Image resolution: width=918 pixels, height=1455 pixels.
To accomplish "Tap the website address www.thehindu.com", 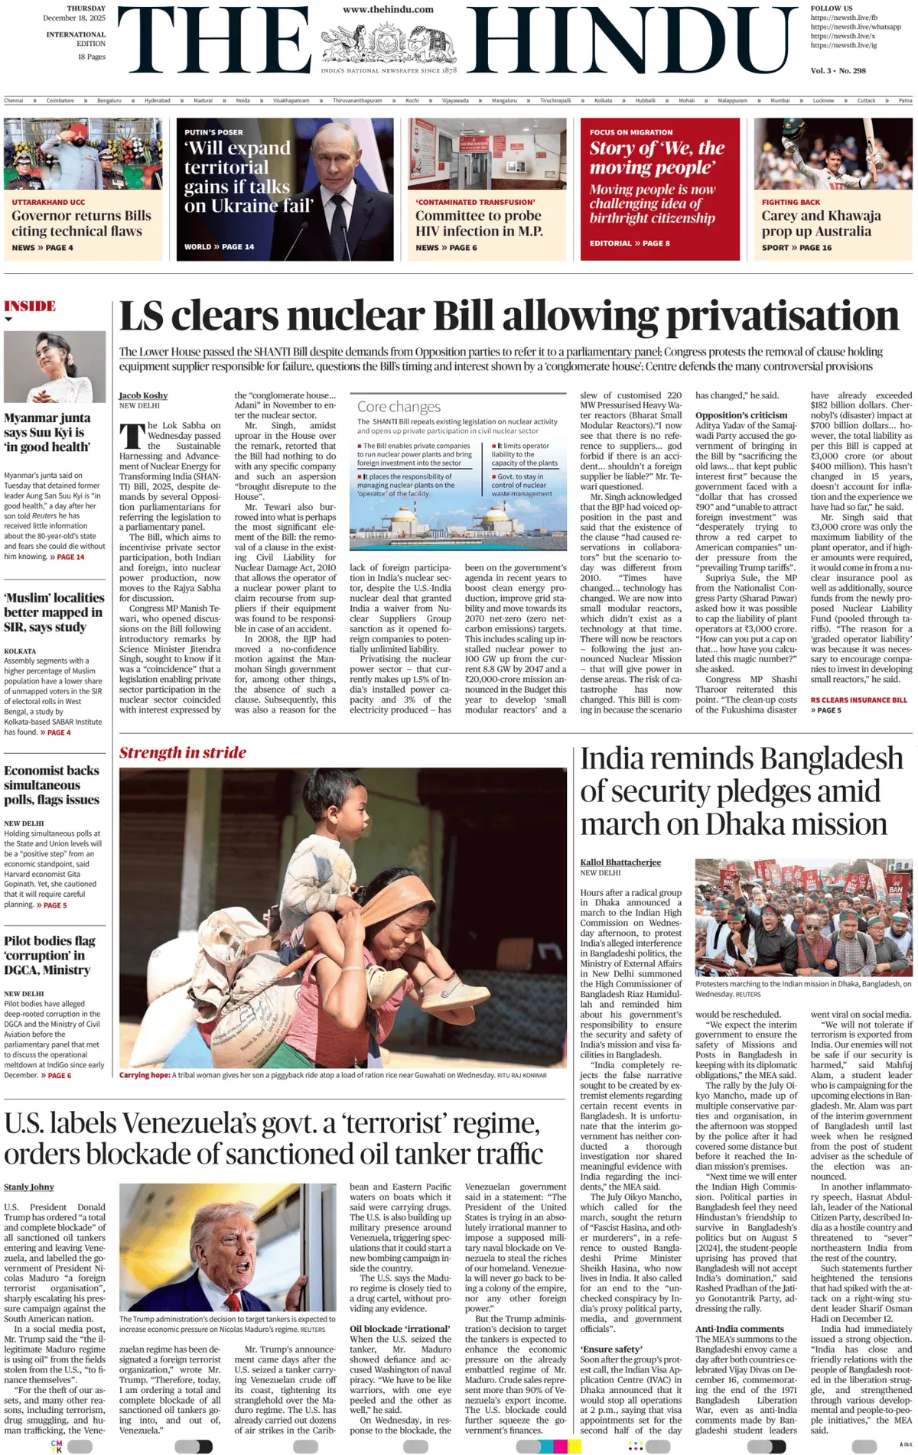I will (388, 10).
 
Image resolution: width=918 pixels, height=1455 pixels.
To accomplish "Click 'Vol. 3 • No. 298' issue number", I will (838, 70).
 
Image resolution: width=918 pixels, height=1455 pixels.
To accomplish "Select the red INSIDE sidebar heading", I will (30, 306).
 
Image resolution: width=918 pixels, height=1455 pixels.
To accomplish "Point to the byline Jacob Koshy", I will (143, 395).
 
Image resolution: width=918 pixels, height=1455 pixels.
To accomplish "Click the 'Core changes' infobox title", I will (399, 407).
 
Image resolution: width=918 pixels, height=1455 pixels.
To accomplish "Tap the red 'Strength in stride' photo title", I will (182, 752).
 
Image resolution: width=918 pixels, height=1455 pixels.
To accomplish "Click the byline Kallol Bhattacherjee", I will (620, 862).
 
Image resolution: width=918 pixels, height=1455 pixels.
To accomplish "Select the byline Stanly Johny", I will (29, 1187).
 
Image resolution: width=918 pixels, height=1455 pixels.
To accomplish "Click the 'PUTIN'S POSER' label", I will (213, 132).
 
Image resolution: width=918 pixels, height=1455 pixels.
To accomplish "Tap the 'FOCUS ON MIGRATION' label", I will (631, 132).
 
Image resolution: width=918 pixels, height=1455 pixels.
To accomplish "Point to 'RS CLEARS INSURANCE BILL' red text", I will (858, 700).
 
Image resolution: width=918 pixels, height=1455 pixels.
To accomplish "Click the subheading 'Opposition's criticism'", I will (741, 415).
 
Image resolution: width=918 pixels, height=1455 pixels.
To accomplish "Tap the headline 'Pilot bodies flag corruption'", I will (49, 955).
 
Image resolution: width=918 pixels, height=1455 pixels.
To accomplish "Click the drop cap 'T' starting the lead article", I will (132, 435).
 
